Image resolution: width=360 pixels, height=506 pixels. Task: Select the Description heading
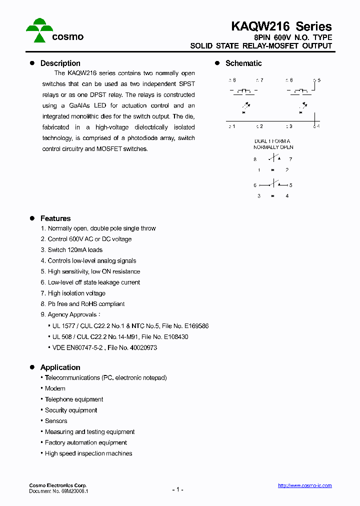coord(60,63)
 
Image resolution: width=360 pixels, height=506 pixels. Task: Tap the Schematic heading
coord(243,63)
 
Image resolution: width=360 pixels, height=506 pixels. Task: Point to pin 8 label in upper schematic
coord(233,80)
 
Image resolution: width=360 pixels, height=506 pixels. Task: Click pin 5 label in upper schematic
coord(318,80)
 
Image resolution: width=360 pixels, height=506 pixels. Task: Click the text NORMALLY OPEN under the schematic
coord(273,147)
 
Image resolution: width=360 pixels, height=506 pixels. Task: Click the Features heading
coord(55,218)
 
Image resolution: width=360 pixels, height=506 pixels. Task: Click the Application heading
coord(60,367)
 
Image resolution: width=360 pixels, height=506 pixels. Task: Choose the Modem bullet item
coord(55,388)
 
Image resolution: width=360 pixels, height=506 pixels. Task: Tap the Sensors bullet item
coord(56,421)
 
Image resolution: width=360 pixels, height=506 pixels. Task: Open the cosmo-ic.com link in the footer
coord(304,485)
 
